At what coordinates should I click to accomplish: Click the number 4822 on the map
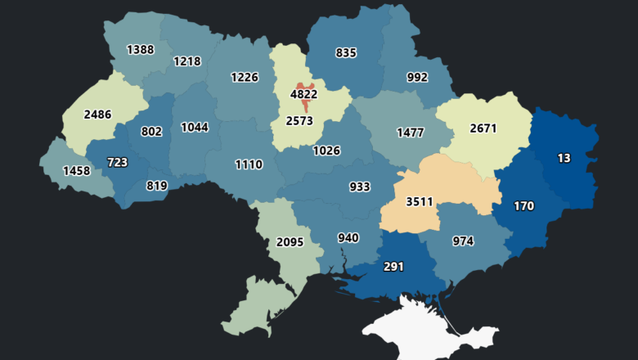tap(303, 94)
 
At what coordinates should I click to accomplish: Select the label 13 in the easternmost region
tap(564, 158)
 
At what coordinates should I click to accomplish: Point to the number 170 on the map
tap(523, 206)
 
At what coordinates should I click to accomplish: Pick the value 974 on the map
tap(463, 241)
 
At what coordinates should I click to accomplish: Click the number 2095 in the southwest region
tap(290, 241)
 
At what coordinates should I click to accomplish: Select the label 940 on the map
tap(348, 238)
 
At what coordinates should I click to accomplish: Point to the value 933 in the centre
tap(360, 187)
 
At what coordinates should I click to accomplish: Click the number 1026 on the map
tap(326, 151)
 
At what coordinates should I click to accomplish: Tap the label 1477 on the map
tap(411, 132)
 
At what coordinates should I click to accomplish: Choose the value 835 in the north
tap(346, 52)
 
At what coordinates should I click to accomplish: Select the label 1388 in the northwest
tap(140, 50)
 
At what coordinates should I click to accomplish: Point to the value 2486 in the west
tap(97, 114)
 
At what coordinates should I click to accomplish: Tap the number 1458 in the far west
tap(65, 172)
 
